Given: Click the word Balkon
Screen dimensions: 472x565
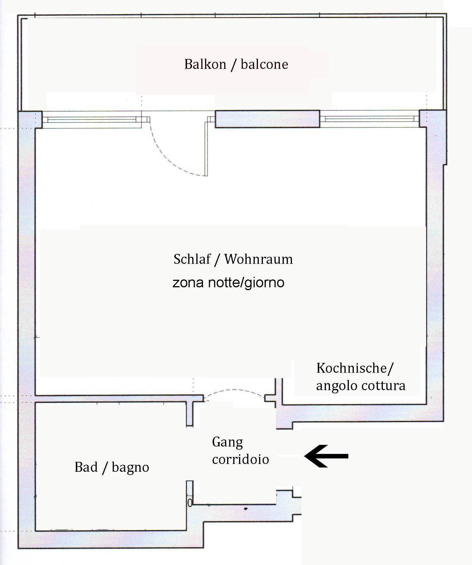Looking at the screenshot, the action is pyautogui.click(x=205, y=64).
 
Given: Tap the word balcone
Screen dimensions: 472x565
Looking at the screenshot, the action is pyautogui.click(x=264, y=64).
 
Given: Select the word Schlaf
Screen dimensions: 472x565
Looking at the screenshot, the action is pyautogui.click(x=192, y=259).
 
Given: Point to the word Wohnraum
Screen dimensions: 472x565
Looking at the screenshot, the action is pyautogui.click(x=259, y=259).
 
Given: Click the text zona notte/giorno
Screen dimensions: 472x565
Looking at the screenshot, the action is pyautogui.click(x=228, y=283).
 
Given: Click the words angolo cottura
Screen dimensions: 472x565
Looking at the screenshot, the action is pyautogui.click(x=360, y=386).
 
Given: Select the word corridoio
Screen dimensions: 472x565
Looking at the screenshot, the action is pyautogui.click(x=241, y=459).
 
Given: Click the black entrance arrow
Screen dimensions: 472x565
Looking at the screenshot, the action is pyautogui.click(x=326, y=456).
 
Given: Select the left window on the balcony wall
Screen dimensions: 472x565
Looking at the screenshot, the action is pyautogui.click(x=92, y=119).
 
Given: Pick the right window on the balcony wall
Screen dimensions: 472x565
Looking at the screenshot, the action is pyautogui.click(x=369, y=119).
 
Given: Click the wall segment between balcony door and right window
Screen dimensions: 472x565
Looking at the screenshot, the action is pyautogui.click(x=267, y=119).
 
